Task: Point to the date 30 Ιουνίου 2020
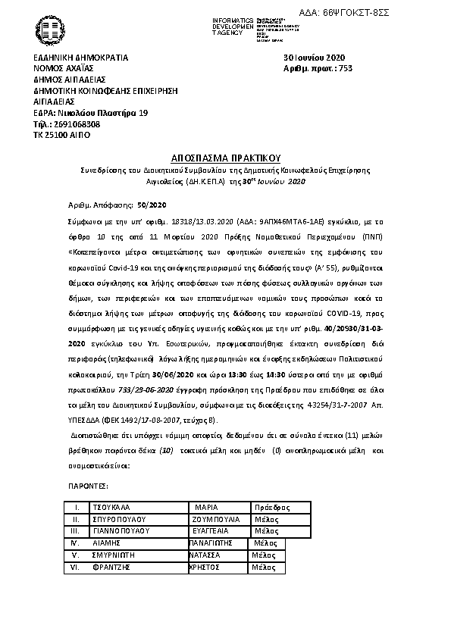[x=314, y=58]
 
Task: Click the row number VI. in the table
[x=75, y=567]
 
